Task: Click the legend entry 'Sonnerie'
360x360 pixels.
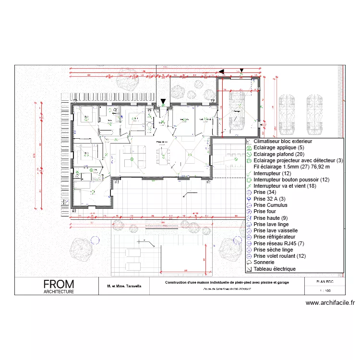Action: [x=264, y=263]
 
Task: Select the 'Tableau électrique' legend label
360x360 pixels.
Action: [x=275, y=269]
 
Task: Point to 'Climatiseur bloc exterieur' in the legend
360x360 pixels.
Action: [x=283, y=142]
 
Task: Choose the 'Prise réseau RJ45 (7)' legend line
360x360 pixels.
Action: [x=278, y=243]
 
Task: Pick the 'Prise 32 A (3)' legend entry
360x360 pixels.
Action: [x=269, y=199]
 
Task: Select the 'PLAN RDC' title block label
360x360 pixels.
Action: [x=324, y=282]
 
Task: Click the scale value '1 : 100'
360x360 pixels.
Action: [x=324, y=291]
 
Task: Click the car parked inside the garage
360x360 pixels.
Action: [x=236, y=112]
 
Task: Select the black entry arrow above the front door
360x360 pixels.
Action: [x=163, y=102]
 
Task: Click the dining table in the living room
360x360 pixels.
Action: [x=165, y=153]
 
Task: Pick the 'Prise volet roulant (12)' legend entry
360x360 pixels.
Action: [x=279, y=256]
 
